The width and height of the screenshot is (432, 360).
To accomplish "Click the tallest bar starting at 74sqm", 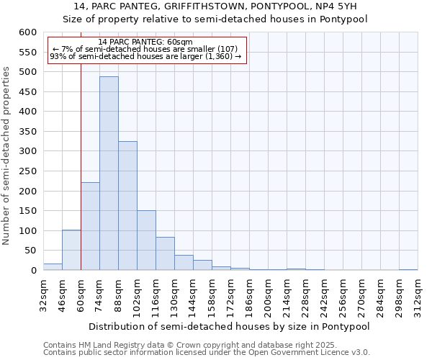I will pos(109,173).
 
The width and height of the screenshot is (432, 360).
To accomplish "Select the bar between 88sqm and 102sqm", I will pos(127,205).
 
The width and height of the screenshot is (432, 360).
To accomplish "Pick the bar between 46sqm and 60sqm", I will pos(71,250).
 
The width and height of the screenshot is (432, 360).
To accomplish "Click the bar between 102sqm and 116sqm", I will pos(146,240).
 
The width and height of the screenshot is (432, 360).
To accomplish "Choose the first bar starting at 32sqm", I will pos(53,266).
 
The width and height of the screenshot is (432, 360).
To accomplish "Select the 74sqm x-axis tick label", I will pos(99,295).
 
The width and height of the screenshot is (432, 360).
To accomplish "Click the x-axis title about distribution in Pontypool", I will pos(229,326).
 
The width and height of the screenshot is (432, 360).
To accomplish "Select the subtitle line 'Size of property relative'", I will pos(215,19).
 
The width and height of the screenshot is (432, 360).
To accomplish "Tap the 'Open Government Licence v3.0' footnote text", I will pos(310,352).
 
